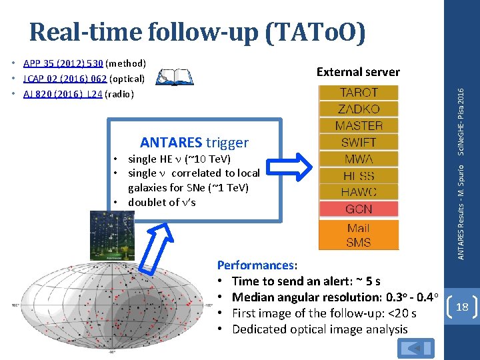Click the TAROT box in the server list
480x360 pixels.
(x=359, y=93)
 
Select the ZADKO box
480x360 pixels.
(x=359, y=109)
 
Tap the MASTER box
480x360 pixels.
(x=359, y=125)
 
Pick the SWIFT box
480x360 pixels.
(x=359, y=142)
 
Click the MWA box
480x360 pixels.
(x=359, y=159)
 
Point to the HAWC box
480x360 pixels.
(x=359, y=192)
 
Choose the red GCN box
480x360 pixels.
(x=359, y=209)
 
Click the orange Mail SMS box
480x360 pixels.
(x=359, y=235)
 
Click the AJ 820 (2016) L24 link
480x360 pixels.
(x=63, y=94)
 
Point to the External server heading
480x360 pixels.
(x=358, y=72)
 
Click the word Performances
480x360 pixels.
(x=255, y=265)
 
